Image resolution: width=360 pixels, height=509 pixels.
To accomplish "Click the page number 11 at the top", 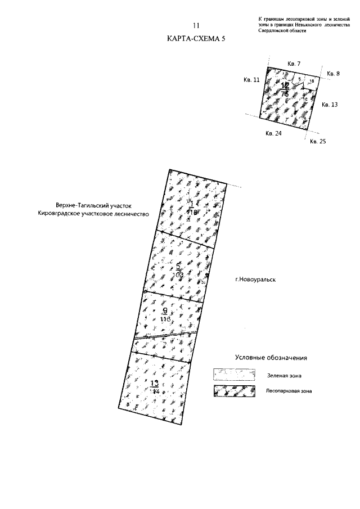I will tap(196, 26).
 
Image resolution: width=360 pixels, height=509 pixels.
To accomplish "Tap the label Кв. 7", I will tap(294, 64).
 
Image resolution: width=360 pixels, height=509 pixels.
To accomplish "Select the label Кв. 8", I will tap(334, 74).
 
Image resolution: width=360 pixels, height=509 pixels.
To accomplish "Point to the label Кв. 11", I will tap(251, 80).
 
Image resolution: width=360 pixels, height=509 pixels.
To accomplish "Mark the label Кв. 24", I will tap(273, 134).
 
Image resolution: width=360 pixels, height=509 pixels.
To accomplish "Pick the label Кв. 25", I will tap(318, 141).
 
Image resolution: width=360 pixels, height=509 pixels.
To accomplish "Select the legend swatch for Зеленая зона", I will tap(232, 374).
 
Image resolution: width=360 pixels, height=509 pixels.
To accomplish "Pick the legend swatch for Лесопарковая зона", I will tap(232, 391).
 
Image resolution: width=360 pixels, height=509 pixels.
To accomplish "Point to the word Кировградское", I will tap(61, 214).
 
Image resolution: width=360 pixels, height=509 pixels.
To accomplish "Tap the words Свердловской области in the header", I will tap(278, 31).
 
